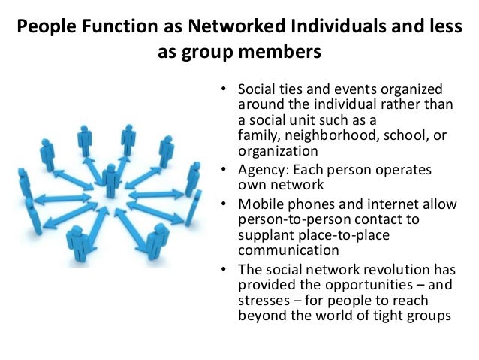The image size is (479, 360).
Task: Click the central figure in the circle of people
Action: click(111, 180)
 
